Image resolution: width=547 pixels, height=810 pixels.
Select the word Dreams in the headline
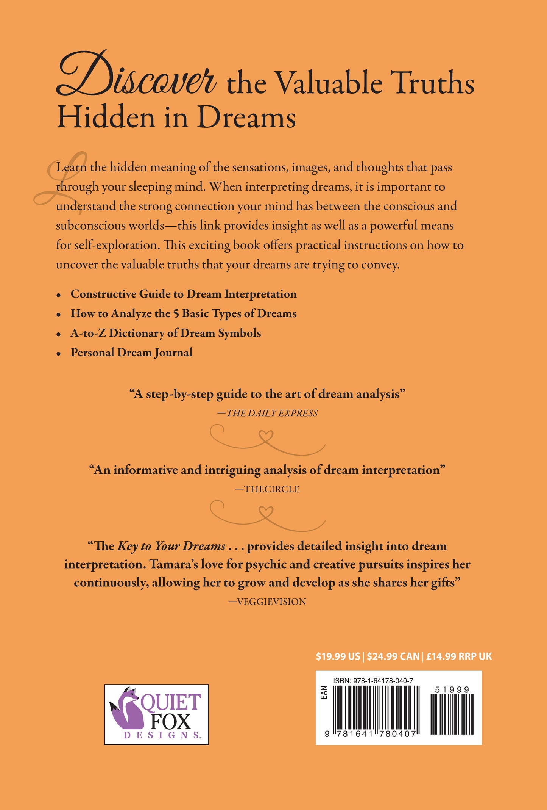246,118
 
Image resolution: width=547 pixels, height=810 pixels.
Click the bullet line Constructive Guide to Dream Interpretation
183,294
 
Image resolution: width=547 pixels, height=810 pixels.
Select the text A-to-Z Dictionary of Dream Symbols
165,333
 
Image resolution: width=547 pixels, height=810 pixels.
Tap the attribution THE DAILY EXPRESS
271,413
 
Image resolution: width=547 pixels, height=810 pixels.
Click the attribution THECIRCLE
271,489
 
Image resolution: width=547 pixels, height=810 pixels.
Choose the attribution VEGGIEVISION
271,602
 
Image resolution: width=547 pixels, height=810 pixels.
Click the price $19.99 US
338,656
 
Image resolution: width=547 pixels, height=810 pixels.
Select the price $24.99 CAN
393,656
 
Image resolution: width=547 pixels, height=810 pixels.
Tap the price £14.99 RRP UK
459,656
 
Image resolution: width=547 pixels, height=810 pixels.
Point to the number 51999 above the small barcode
452,690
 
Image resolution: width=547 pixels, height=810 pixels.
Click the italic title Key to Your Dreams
171,546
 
